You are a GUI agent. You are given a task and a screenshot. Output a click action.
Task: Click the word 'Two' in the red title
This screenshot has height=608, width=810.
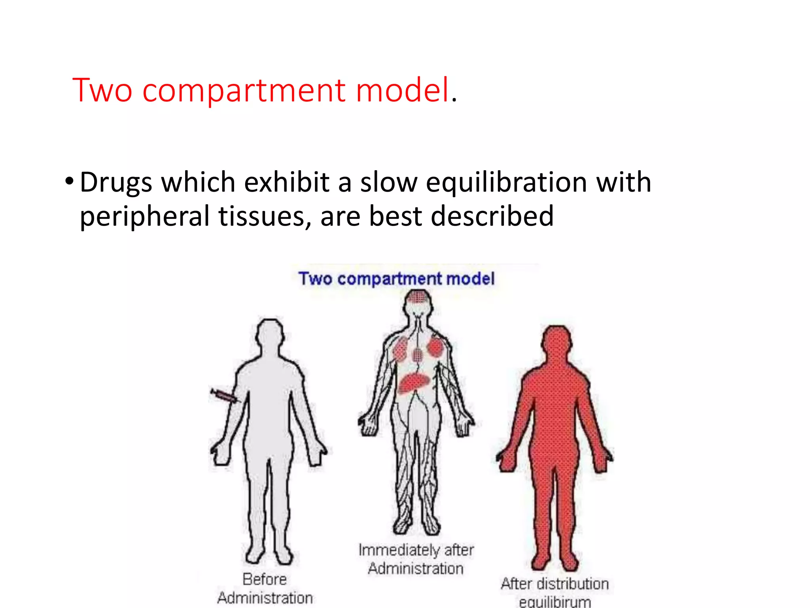pyautogui.click(x=102, y=90)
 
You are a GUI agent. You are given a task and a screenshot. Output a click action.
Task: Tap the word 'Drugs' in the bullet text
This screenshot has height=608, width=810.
pyautogui.click(x=116, y=183)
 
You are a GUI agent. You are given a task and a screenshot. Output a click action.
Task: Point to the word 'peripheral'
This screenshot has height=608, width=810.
pyautogui.click(x=145, y=217)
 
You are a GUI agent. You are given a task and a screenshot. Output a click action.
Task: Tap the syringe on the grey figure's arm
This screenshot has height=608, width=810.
pyautogui.click(x=224, y=396)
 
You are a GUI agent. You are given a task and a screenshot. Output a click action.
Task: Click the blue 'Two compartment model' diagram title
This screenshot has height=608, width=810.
pyautogui.click(x=396, y=278)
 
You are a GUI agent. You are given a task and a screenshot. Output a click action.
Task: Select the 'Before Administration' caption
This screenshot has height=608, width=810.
pyautogui.click(x=265, y=588)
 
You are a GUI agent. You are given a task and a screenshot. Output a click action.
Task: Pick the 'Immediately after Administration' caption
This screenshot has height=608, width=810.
pyautogui.click(x=416, y=559)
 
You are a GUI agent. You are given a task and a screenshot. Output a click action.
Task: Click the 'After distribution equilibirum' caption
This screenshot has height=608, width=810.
pyautogui.click(x=555, y=592)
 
